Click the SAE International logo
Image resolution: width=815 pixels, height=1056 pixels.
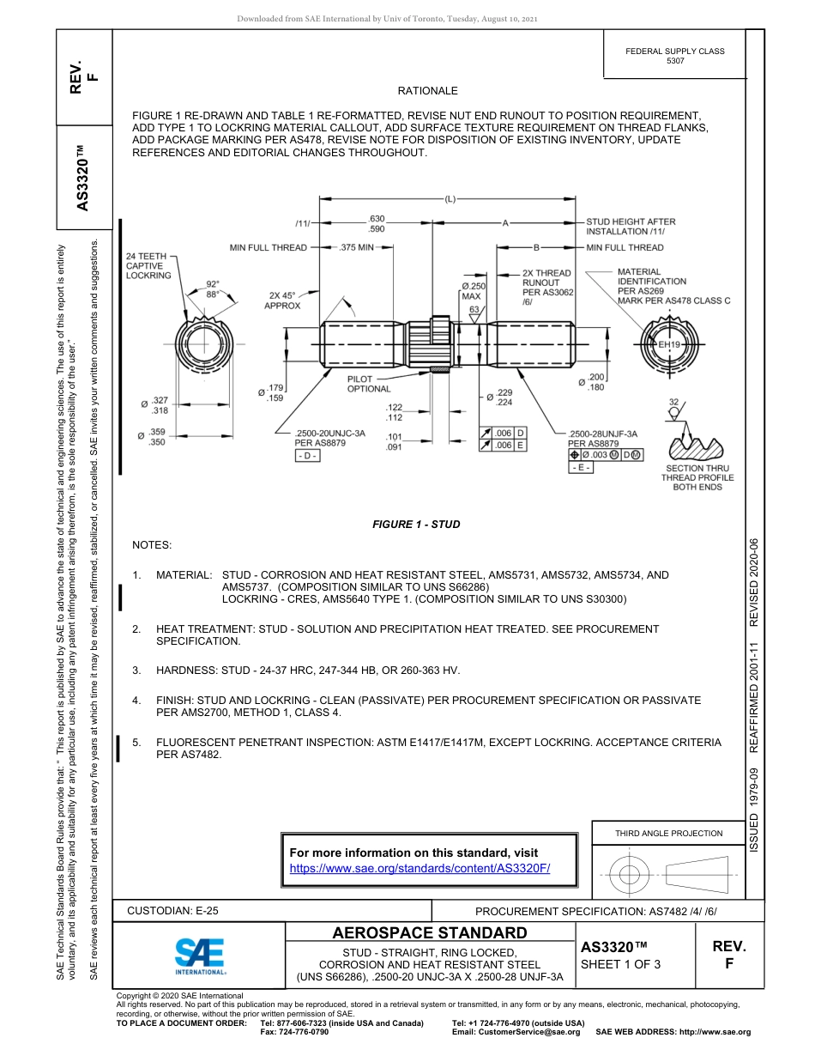tap(200, 956)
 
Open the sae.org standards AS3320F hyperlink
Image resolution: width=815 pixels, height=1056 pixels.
tap(420, 868)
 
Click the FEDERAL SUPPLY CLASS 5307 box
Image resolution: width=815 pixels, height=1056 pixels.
tap(675, 56)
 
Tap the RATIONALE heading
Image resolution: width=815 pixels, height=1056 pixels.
tap(427, 91)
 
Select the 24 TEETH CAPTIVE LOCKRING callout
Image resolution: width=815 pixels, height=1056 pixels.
tap(148, 266)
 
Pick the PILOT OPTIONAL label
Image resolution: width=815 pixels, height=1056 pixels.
tap(368, 384)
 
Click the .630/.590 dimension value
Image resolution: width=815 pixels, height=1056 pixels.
tap(376, 224)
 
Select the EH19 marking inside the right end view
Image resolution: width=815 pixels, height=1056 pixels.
tap(668, 344)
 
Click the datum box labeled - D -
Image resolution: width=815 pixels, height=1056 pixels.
tap(306, 455)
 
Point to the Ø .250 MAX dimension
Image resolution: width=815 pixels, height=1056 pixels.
tap(474, 291)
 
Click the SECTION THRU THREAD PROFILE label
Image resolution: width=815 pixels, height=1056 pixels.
tap(697, 477)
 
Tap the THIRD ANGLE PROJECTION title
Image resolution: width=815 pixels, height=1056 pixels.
tap(668, 833)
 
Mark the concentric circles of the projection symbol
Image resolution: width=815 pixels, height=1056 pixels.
tap(630, 875)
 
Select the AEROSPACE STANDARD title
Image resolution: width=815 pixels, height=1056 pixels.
tap(430, 933)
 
